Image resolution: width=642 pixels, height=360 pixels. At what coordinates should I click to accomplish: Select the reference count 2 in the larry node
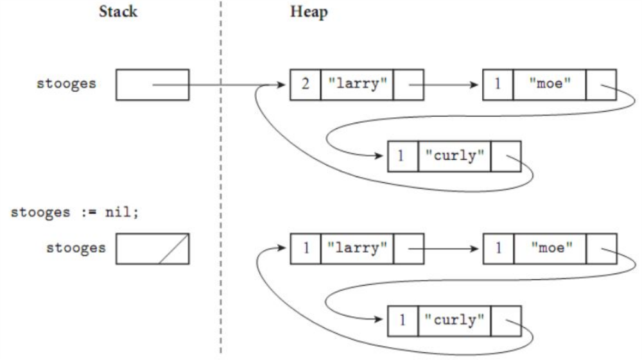click(304, 85)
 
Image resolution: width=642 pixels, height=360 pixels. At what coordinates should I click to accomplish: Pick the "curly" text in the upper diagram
click(454, 155)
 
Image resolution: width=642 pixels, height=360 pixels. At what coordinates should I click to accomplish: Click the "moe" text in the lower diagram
click(549, 248)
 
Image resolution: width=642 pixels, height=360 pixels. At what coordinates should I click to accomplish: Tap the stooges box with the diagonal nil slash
click(152, 248)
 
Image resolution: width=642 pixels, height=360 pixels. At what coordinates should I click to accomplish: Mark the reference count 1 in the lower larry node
click(304, 248)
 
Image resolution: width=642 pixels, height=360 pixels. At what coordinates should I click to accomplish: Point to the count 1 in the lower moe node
click(498, 248)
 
